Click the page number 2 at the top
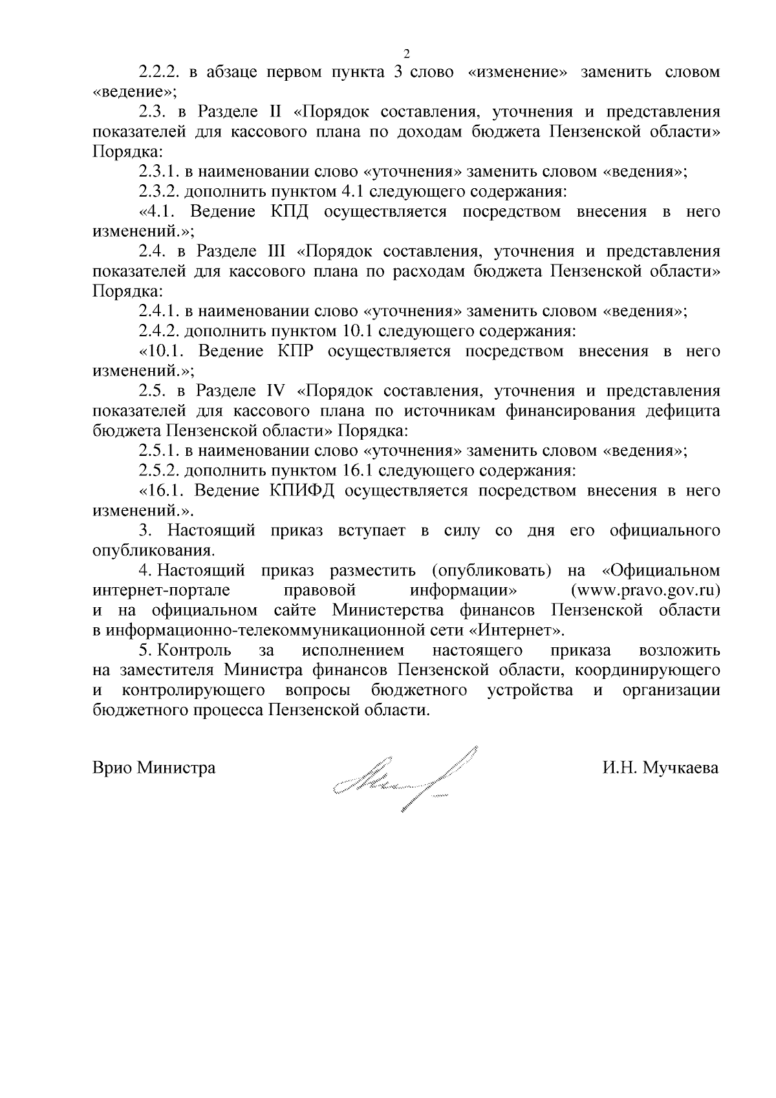[x=407, y=53]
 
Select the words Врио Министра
[x=155, y=768]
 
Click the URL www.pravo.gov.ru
[x=645, y=590]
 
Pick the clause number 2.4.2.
[x=159, y=331]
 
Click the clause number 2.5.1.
[x=159, y=451]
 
